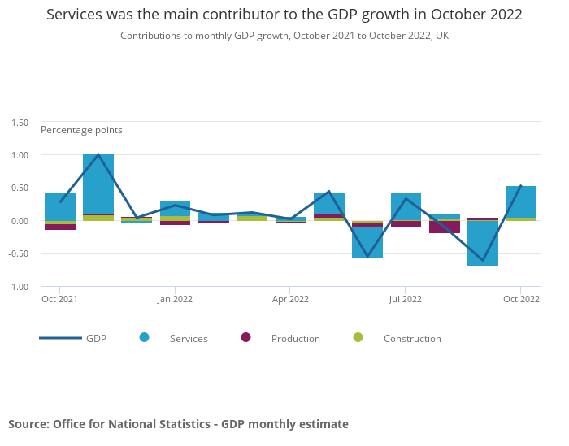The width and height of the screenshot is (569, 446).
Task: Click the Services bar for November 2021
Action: (x=98, y=184)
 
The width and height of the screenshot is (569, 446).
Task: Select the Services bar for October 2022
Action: (x=521, y=201)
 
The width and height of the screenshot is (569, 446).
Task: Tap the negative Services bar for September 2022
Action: (x=483, y=244)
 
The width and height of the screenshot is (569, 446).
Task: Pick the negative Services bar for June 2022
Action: (x=367, y=242)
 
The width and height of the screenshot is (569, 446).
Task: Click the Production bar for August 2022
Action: (x=445, y=227)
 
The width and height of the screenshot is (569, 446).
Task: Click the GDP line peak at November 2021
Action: (x=98, y=154)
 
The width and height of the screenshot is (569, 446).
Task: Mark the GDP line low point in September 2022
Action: (x=483, y=261)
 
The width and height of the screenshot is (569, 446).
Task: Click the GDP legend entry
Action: (x=73, y=338)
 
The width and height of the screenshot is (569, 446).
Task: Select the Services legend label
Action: (x=189, y=339)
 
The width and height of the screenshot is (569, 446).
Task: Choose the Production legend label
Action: (x=296, y=339)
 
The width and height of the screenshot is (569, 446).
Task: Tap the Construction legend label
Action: (x=412, y=339)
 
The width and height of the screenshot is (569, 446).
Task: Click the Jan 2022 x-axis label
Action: (x=175, y=299)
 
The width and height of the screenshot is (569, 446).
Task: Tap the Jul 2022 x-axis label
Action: (x=405, y=299)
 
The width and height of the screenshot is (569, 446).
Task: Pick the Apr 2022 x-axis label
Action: (x=290, y=299)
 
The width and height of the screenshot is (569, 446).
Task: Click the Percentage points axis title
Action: (x=81, y=130)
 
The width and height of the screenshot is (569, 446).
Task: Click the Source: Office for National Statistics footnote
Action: (x=178, y=424)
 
